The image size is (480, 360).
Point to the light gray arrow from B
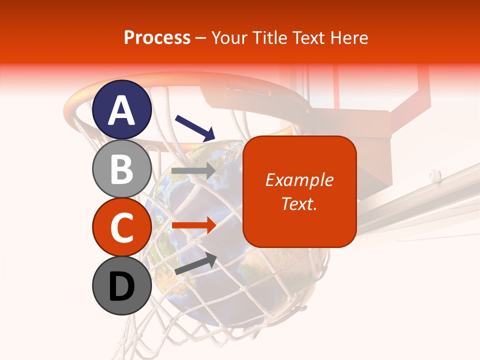pyautogui.click(x=193, y=171)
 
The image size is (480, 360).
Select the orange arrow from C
pyautogui.click(x=193, y=225)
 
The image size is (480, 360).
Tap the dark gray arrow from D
pyautogui.click(x=195, y=263)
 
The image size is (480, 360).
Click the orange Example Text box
pyautogui.click(x=299, y=191)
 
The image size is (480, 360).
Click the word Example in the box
pyautogui.click(x=299, y=180)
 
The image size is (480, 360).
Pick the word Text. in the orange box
pyautogui.click(x=299, y=203)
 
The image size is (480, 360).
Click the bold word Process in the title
pyautogui.click(x=157, y=37)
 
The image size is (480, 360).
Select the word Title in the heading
pyautogui.click(x=270, y=37)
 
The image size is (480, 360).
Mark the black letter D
pyautogui.click(x=122, y=286)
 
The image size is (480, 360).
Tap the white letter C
pyautogui.click(x=122, y=227)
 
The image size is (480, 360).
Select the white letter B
pyautogui.click(x=122, y=168)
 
